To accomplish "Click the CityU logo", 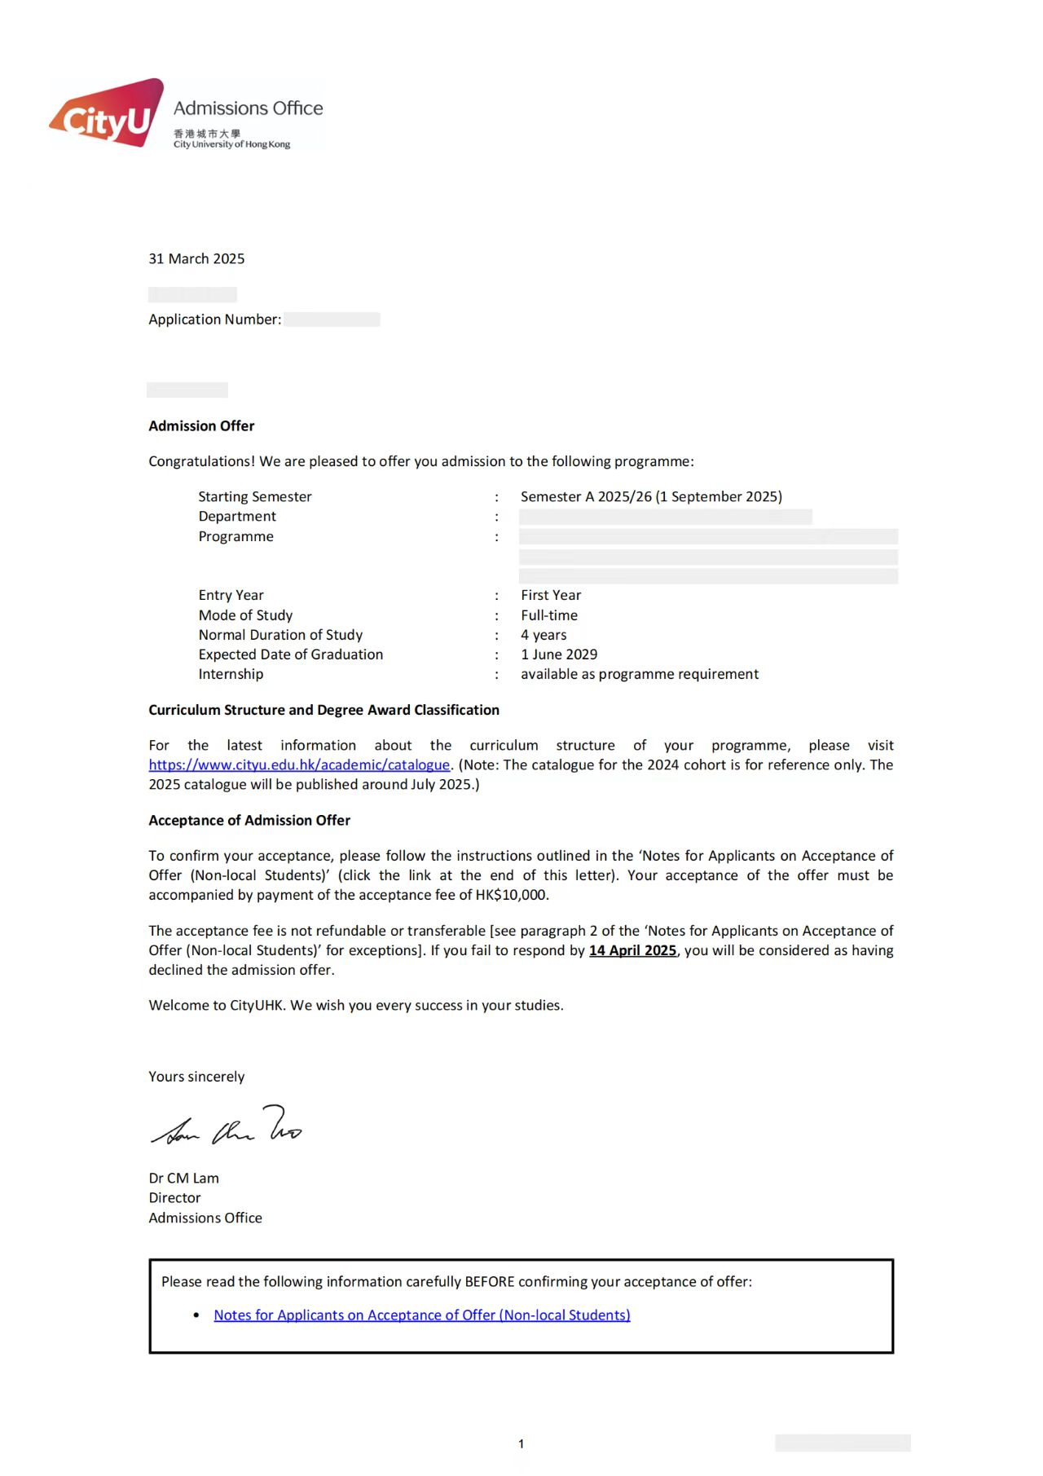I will [107, 114].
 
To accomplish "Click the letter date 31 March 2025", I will [196, 258].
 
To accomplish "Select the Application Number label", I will [214, 319].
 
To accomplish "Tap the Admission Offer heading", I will [201, 425].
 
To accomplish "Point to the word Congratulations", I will [201, 461].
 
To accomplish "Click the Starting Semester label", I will [255, 496].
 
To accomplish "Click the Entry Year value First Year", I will [551, 595].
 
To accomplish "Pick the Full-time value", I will [549, 615].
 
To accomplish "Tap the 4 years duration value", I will [544, 635].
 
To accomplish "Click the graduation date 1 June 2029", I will [559, 654].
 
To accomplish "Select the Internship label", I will [231, 674].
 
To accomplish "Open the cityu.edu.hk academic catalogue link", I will [299, 764].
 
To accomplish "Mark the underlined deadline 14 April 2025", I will [633, 950].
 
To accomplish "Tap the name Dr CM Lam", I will [183, 1178].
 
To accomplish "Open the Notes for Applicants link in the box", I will [422, 1315].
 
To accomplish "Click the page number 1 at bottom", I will [521, 1443].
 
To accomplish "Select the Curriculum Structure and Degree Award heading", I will [323, 710].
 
